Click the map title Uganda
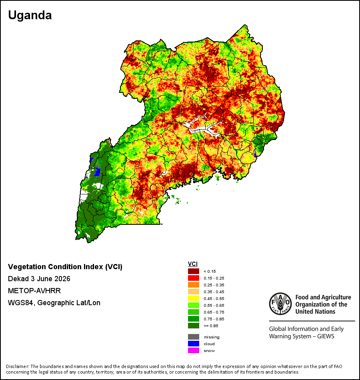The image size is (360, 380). (30, 15)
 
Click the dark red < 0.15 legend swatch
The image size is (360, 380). (194, 271)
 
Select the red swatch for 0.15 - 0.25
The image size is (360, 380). (194, 278)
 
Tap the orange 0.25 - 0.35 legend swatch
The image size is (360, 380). (194, 285)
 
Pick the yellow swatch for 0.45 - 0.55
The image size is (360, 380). (194, 298)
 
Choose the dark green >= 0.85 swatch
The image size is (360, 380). (194, 326)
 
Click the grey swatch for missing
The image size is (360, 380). (194, 337)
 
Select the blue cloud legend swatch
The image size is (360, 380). (194, 344)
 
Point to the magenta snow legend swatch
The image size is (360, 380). (194, 350)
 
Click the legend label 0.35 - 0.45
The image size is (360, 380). (214, 292)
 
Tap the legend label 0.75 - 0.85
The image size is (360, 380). (214, 319)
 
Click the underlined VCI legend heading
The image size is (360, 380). (193, 264)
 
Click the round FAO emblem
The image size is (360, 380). (280, 304)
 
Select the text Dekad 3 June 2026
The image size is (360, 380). (39, 279)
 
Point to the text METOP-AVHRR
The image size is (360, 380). (34, 290)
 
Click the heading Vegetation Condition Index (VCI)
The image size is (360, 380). (65, 266)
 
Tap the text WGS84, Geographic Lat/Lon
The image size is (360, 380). (54, 303)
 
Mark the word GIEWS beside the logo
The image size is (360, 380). (326, 336)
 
